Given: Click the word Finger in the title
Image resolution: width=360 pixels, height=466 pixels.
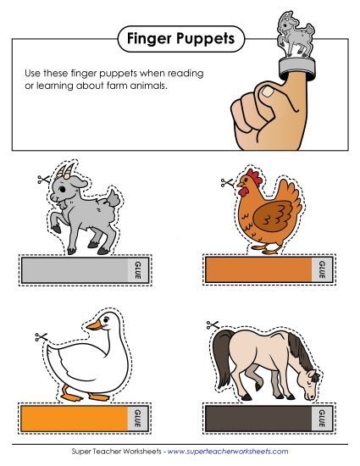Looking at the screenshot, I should click(148, 38).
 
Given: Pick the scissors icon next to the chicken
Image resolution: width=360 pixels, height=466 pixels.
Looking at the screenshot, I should click(224, 182).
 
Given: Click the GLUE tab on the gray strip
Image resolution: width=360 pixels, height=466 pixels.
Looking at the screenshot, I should click(132, 271).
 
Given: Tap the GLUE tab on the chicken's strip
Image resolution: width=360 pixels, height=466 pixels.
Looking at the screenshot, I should click(321, 270).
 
